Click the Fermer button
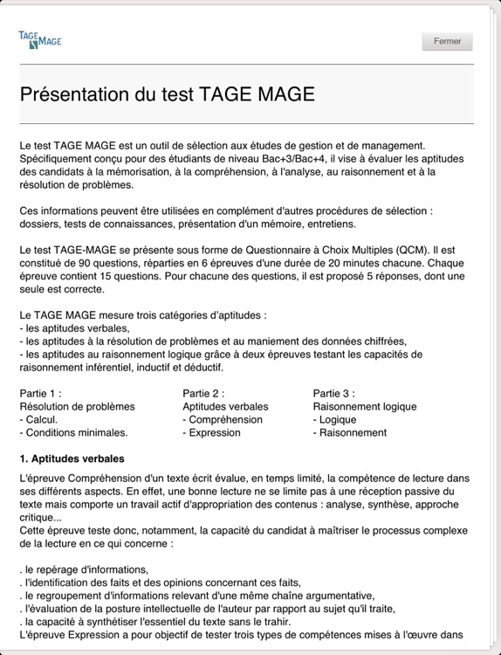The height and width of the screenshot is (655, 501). click(447, 41)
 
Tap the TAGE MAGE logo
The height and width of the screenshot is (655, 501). click(40, 38)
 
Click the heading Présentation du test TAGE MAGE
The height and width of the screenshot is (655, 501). click(167, 93)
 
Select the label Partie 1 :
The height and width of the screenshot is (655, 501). click(41, 393)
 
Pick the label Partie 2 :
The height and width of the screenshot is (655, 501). click(203, 393)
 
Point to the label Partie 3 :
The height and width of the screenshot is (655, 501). click(334, 393)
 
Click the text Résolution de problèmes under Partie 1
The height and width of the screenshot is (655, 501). click(77, 406)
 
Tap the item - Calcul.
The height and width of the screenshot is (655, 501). click(38, 419)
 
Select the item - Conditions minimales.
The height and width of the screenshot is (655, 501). click(73, 432)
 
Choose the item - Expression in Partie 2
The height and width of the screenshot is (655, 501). click(211, 432)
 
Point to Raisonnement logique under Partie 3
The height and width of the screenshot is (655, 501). click(365, 406)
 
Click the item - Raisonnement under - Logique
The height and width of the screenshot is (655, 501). click(349, 432)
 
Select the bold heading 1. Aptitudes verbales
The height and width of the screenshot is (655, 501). click(72, 458)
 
